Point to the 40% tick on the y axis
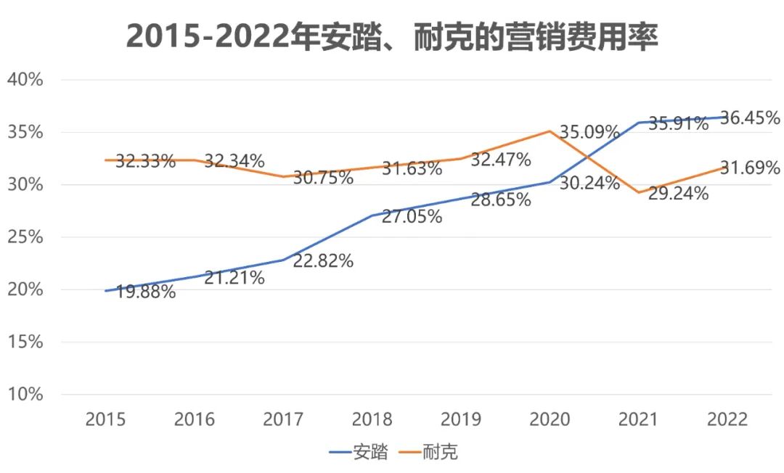pos(25,80)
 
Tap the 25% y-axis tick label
pos(25,237)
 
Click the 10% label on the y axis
pos(25,394)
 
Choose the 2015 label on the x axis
pos(106,419)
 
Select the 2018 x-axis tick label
pos(372,419)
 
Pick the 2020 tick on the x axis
pos(550,419)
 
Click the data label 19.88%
pos(145,292)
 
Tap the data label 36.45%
pos(750,118)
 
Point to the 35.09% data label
pos(589,133)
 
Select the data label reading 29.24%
pos(678,194)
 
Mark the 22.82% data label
pos(323,260)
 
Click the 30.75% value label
pos(323,178)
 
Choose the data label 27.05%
pos(412,216)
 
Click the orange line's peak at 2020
pos(550,131)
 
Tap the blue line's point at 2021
pos(638,123)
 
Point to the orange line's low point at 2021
pos(638,192)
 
